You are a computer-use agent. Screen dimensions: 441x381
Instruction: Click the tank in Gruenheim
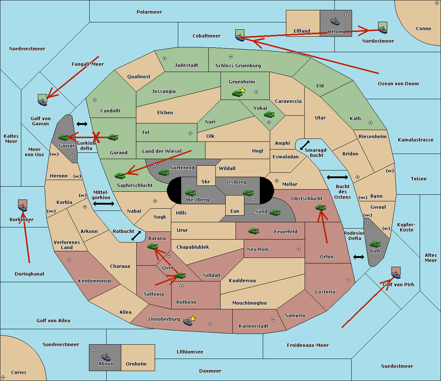coord(237,93)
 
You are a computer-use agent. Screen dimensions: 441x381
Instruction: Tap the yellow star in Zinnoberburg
coord(193,319)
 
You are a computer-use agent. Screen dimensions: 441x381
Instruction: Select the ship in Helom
coord(335,21)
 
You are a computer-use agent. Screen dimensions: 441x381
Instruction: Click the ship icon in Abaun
coord(106,357)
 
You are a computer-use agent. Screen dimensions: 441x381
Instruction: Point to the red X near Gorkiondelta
coord(96,137)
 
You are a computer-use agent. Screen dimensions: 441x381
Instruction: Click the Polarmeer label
coord(149,12)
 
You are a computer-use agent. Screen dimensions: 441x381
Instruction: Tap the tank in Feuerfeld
coord(254,231)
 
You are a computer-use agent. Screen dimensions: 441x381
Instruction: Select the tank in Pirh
coord(375,244)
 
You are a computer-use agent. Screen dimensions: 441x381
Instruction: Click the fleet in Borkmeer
coord(22,205)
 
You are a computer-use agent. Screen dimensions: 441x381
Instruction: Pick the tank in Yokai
coord(269,115)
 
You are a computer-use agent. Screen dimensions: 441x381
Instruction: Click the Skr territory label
coord(206,181)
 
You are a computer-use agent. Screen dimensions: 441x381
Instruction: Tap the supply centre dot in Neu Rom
coord(299,249)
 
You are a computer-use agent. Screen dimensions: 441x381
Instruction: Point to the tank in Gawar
coord(64,137)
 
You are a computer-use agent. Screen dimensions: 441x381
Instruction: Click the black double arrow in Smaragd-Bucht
coord(305,145)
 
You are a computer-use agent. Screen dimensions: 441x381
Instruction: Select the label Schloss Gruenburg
coord(238,65)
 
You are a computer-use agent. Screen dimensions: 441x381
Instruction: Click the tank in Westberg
coord(190,193)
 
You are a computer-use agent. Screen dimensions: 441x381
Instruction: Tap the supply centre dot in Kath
coord(370,123)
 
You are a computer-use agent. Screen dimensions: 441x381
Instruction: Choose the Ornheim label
coord(136,364)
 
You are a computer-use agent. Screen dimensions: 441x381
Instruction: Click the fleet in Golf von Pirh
coord(396,273)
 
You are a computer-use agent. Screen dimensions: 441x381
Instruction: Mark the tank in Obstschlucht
coord(320,207)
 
